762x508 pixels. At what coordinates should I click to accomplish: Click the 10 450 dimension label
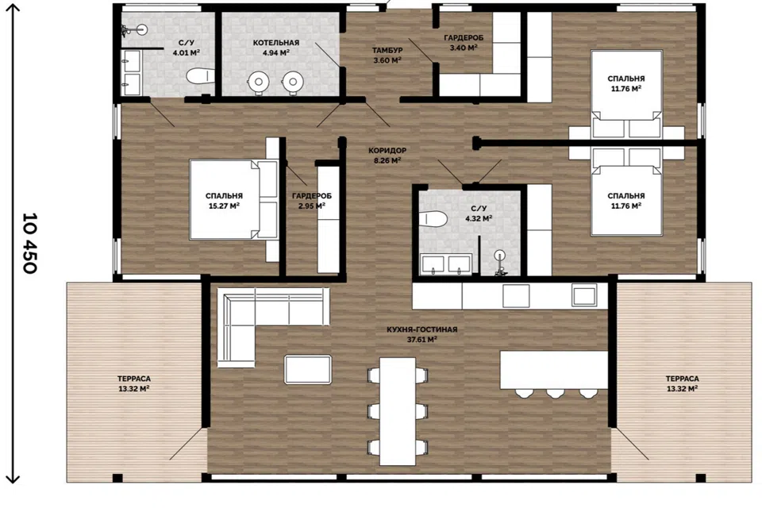30,243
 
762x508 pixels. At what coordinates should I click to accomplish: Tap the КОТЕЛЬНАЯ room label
276,43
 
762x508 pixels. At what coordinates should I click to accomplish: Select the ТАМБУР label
387,50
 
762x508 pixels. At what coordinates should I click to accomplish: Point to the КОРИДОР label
387,151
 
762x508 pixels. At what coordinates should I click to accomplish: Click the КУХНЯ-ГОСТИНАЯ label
421,329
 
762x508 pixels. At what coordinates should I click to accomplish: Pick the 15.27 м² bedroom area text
224,206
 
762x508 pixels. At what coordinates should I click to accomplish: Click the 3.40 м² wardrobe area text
464,48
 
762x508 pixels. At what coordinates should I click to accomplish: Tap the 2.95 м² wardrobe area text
311,206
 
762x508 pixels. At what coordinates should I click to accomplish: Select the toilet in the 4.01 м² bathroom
200,76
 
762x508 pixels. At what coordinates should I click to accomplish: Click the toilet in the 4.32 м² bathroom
433,219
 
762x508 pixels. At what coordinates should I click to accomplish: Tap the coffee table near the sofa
308,369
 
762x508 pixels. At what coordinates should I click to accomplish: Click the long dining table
398,411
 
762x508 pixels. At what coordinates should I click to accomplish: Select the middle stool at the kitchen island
555,393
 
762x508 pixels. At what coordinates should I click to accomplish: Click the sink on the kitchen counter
584,294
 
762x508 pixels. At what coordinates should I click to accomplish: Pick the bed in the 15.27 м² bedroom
233,200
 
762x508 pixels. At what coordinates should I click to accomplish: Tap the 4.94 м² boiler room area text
276,53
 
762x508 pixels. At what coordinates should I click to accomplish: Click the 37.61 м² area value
421,340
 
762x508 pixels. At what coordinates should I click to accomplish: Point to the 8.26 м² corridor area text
387,160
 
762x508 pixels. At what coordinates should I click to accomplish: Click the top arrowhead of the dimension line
13,7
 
